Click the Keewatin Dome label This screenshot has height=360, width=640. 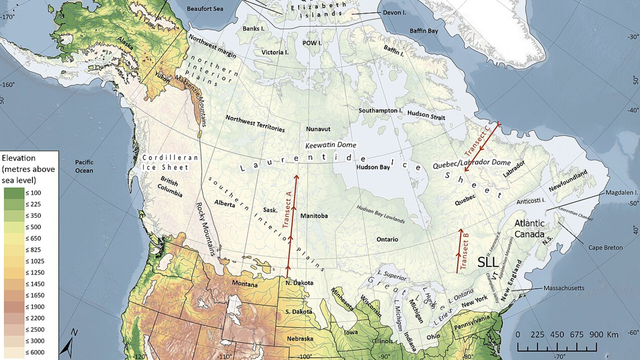click(330, 145)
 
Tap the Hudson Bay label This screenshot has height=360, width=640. click(373, 167)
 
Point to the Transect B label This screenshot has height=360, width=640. click(464, 250)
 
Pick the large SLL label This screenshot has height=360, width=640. click(488, 262)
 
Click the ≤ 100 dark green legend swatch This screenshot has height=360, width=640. click(14, 193)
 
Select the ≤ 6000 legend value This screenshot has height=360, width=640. click(35, 352)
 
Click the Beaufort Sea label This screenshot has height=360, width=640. click(205, 9)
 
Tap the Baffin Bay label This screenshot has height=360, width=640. click(424, 31)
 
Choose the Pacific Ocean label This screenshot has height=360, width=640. click(84, 166)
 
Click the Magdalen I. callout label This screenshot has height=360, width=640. click(622, 193)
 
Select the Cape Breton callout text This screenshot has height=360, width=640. click(605, 248)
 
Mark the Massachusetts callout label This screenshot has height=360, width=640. click(564, 288)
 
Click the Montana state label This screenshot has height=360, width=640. click(244, 284)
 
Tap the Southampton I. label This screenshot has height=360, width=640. click(380, 110)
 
